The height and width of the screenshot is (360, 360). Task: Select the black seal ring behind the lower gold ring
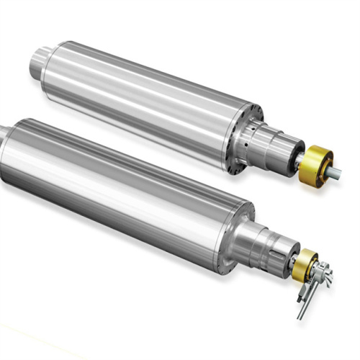click(297, 264)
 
